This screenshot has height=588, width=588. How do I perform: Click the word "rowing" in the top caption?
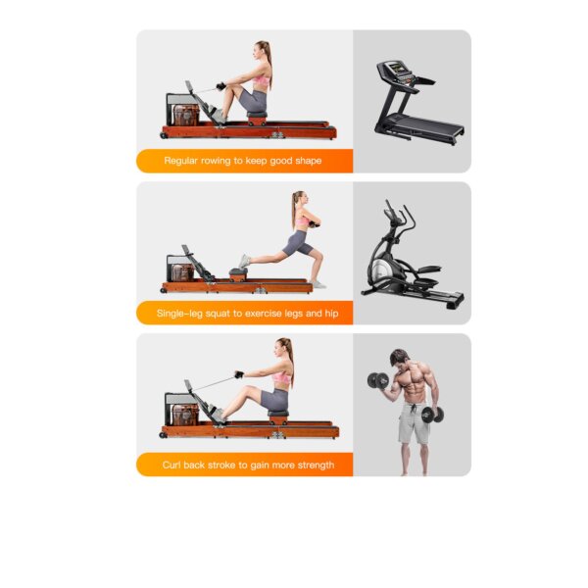[x=216, y=162]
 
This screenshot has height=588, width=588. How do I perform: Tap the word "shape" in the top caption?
[x=309, y=162]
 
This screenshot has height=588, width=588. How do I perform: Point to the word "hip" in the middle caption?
[x=331, y=314]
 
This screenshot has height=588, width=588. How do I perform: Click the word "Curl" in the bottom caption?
[x=171, y=465]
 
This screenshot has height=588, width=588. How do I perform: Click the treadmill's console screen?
[x=396, y=69]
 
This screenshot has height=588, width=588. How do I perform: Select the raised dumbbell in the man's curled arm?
[x=378, y=380]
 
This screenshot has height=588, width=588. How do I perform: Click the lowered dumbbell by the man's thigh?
[x=432, y=415]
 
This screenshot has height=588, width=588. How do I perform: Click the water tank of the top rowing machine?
[x=185, y=116]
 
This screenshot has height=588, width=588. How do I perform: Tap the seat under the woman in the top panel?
[x=257, y=115]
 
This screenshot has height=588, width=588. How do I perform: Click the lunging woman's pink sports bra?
[x=302, y=222]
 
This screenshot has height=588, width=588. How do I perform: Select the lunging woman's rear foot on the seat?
[x=244, y=261]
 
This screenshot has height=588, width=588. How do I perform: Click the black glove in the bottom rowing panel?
[x=239, y=374]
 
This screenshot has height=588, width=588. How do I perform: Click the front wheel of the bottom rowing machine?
[x=163, y=435]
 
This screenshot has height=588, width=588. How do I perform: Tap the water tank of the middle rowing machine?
[x=183, y=272]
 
